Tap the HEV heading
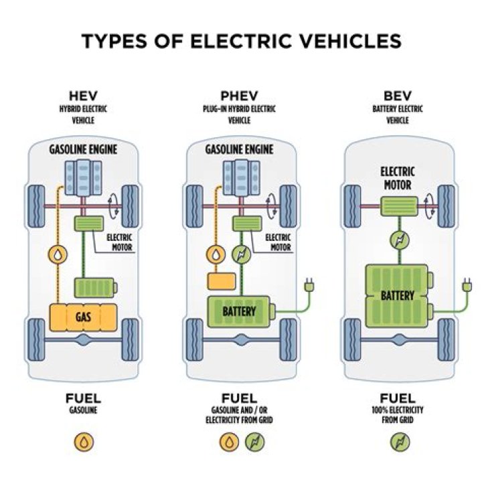tap(83, 95)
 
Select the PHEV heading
tap(239, 95)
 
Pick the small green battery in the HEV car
tap(96, 288)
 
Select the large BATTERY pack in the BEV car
tap(397, 295)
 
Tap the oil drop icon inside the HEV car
tap(58, 254)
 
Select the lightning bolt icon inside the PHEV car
tap(240, 254)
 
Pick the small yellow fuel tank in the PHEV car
tap(218, 280)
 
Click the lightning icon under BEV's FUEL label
tap(400, 443)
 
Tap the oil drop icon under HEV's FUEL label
tap(83, 443)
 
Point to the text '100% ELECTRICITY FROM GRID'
tap(399, 415)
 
